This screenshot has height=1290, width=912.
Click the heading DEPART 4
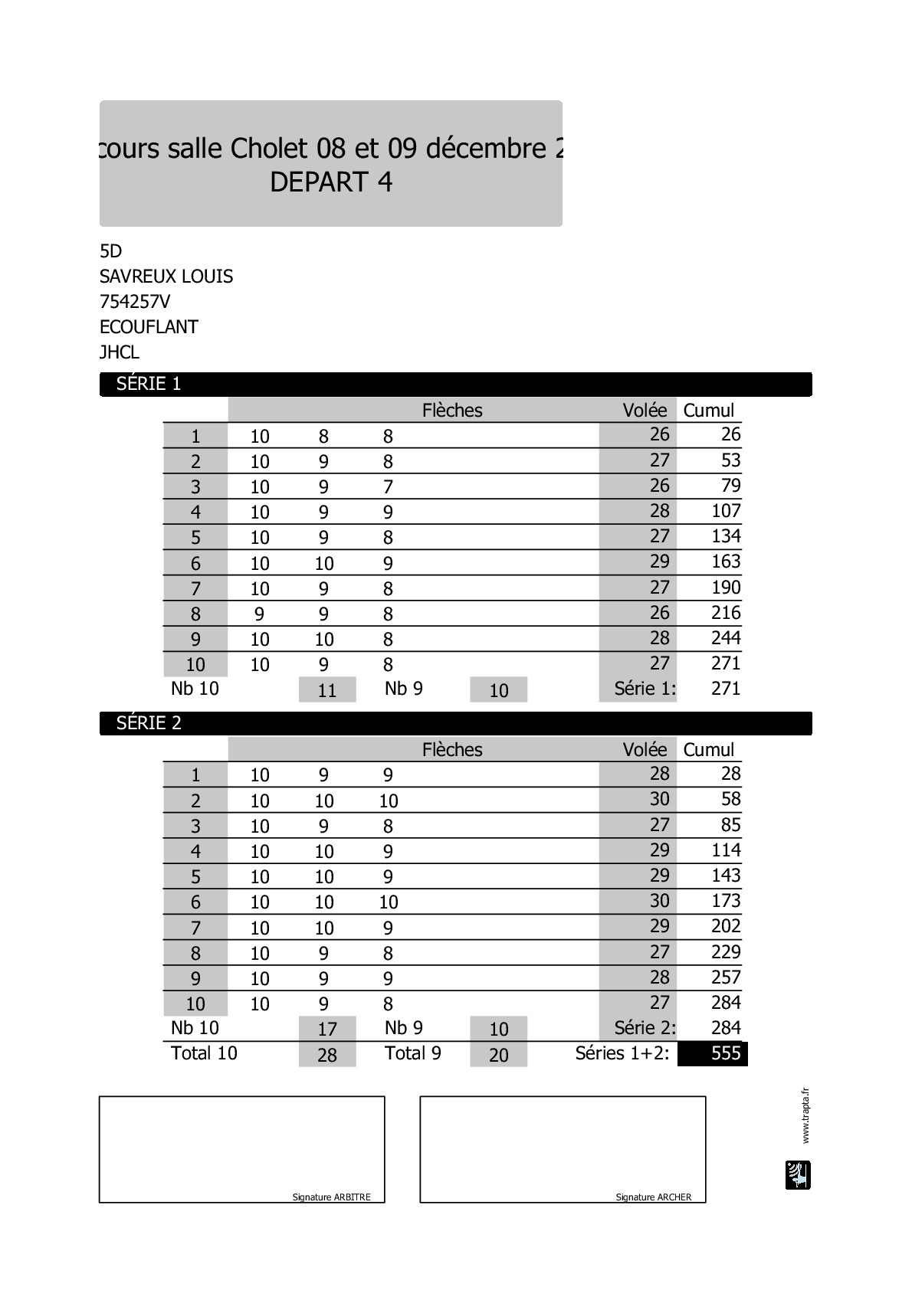[x=331, y=182]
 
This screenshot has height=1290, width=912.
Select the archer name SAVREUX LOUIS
[x=166, y=277]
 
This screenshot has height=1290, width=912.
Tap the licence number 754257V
[x=135, y=302]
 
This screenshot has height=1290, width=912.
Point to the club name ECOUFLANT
[x=149, y=327]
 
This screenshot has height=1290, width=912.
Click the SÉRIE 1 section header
[x=149, y=384]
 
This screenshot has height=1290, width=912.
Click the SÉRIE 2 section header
[x=149, y=723]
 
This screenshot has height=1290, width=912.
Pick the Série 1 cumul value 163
[x=725, y=562]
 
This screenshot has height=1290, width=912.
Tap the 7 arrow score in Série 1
[x=388, y=487]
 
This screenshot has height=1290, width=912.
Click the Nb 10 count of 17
[x=327, y=1029]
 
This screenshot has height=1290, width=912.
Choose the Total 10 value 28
[x=327, y=1055]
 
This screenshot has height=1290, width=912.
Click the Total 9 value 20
[x=499, y=1055]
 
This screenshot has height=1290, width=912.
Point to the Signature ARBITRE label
[x=331, y=1197]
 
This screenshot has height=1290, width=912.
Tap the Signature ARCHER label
[x=653, y=1197]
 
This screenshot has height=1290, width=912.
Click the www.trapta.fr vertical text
[x=805, y=1115]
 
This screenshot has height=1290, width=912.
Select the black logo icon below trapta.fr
[x=798, y=1175]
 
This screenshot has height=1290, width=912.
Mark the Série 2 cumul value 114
[x=725, y=850]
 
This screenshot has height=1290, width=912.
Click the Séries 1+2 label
[x=622, y=1053]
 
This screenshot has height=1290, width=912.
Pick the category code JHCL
[x=120, y=352]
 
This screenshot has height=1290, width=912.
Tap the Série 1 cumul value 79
[x=730, y=486]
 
